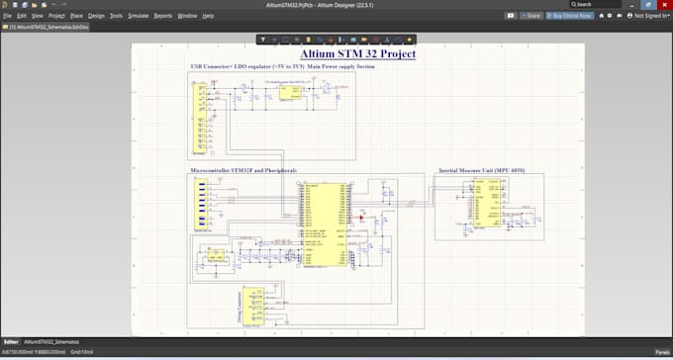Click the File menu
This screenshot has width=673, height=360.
click(7, 16)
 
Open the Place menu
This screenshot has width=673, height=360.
click(76, 16)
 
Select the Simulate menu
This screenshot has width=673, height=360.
click(139, 16)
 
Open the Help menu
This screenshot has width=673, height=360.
click(208, 16)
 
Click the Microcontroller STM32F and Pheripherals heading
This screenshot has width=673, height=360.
click(243, 170)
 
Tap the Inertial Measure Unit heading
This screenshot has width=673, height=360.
click(482, 170)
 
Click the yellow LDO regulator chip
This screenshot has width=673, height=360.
click(288, 92)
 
